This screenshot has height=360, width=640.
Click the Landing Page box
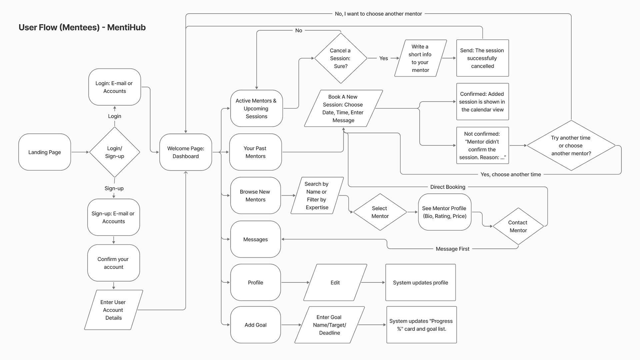coord(45,152)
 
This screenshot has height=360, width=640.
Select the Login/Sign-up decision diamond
coord(115,152)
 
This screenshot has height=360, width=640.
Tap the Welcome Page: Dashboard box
coord(186,152)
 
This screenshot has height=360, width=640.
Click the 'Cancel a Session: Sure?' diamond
coord(340,58)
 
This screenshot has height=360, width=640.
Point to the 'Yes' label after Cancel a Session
coord(383,58)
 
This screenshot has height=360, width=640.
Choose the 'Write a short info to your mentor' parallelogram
coord(420,58)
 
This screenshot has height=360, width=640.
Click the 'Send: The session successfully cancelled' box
coord(482,58)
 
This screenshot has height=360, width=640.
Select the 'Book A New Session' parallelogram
coord(343,109)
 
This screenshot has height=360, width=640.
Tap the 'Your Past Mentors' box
coord(255,152)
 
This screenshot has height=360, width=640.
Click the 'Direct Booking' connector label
coord(448,187)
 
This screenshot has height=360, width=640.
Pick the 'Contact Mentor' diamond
coord(518,226)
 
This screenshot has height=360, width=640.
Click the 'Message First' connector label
coord(452,249)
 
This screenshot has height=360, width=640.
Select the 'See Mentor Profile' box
coord(444,212)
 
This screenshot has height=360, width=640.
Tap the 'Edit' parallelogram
coord(335,283)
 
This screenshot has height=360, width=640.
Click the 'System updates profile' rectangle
coord(420,283)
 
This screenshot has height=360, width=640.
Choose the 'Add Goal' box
coord(255,325)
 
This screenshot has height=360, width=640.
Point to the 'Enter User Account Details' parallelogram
coord(113,310)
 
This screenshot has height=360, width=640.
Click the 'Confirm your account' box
coord(113,263)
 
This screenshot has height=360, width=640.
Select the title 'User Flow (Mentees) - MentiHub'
coord(82,27)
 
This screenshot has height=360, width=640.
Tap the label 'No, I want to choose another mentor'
coord(378,14)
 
